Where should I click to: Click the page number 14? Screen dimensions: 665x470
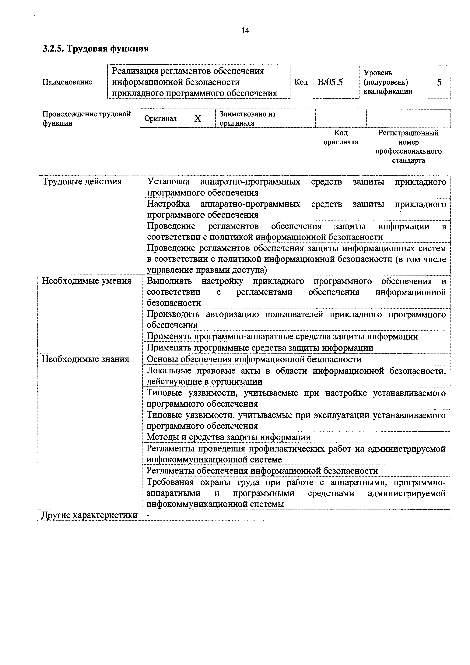coord(245,31)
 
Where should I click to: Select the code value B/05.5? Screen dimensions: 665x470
coord(330,82)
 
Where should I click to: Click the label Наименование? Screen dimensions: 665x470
coord(67,82)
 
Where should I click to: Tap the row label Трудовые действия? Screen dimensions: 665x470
coord(82,182)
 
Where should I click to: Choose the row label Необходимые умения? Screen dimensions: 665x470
coord(86,281)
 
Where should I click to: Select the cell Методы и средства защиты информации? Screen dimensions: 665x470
coord(229,437)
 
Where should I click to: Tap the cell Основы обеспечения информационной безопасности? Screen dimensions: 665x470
coord(254,359)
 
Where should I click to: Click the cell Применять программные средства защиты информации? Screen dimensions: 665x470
coord(260,348)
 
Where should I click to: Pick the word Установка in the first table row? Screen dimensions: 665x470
coord(168,182)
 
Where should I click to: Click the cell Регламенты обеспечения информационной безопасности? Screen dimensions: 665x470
coord(262,471)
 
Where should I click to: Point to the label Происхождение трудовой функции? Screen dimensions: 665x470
coord(86,118)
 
